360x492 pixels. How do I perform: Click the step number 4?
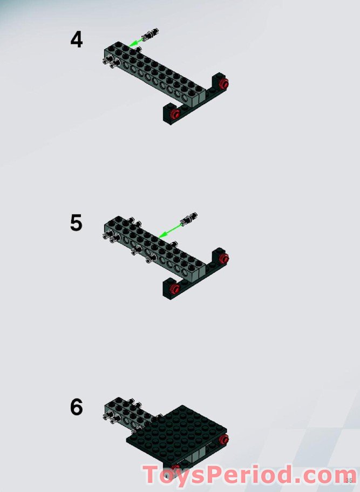click(x=77, y=41)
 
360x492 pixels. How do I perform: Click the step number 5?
click(x=76, y=223)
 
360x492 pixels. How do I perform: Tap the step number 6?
click(x=76, y=407)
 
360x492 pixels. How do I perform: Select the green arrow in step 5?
click(x=171, y=230)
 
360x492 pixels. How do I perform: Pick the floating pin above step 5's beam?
click(x=189, y=218)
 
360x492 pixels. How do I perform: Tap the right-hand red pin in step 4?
click(x=224, y=83)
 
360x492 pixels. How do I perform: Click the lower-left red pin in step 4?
click(x=174, y=114)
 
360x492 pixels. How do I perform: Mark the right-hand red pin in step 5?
click(x=224, y=258)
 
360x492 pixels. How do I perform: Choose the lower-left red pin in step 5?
click(x=174, y=289)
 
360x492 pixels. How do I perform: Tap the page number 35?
click(x=349, y=480)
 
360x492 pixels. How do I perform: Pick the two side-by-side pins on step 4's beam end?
click(x=108, y=63)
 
